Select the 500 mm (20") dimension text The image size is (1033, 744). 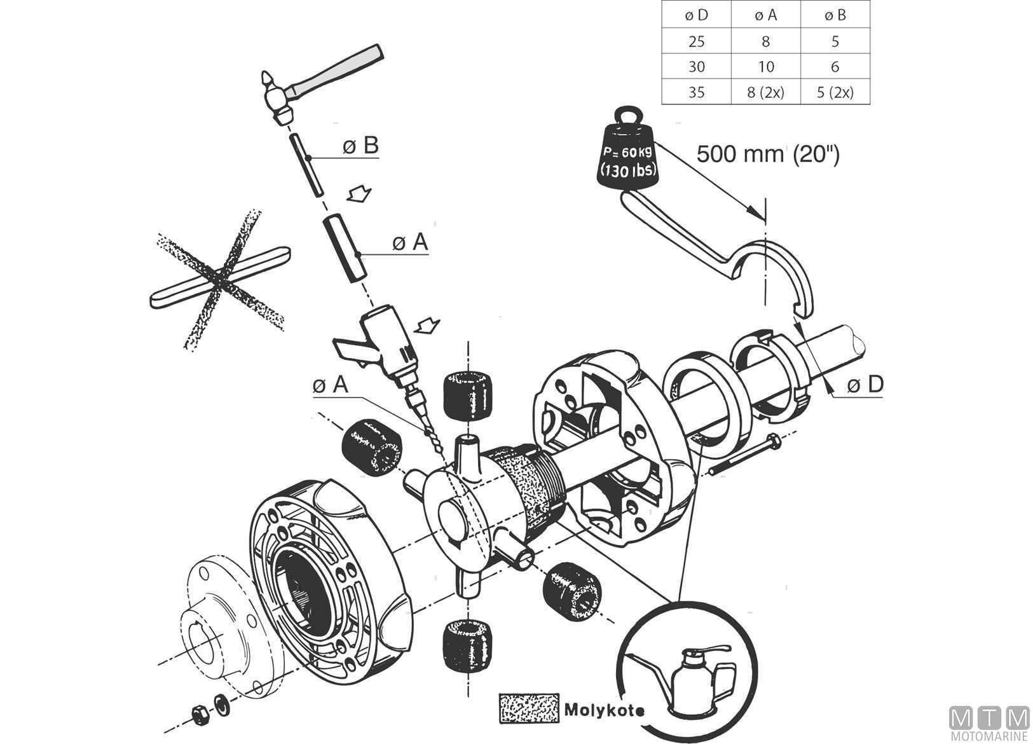(x=768, y=154)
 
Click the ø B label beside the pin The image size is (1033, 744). (x=360, y=146)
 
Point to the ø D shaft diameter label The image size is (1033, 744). (x=865, y=385)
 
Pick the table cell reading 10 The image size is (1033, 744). (x=766, y=67)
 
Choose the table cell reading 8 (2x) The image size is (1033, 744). (x=766, y=92)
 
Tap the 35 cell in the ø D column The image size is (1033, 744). (x=697, y=92)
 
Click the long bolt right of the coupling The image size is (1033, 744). (x=744, y=455)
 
